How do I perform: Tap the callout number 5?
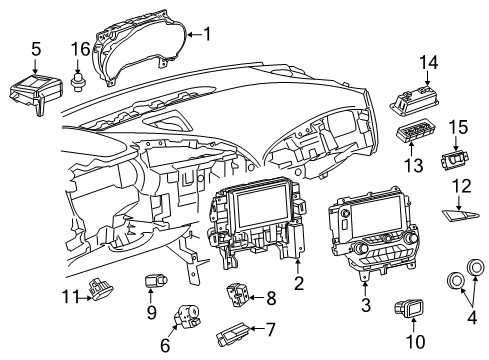pyautogui.click(x=36, y=47)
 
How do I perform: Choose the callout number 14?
pyautogui.click(x=429, y=63)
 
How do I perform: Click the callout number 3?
pyautogui.click(x=365, y=305)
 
